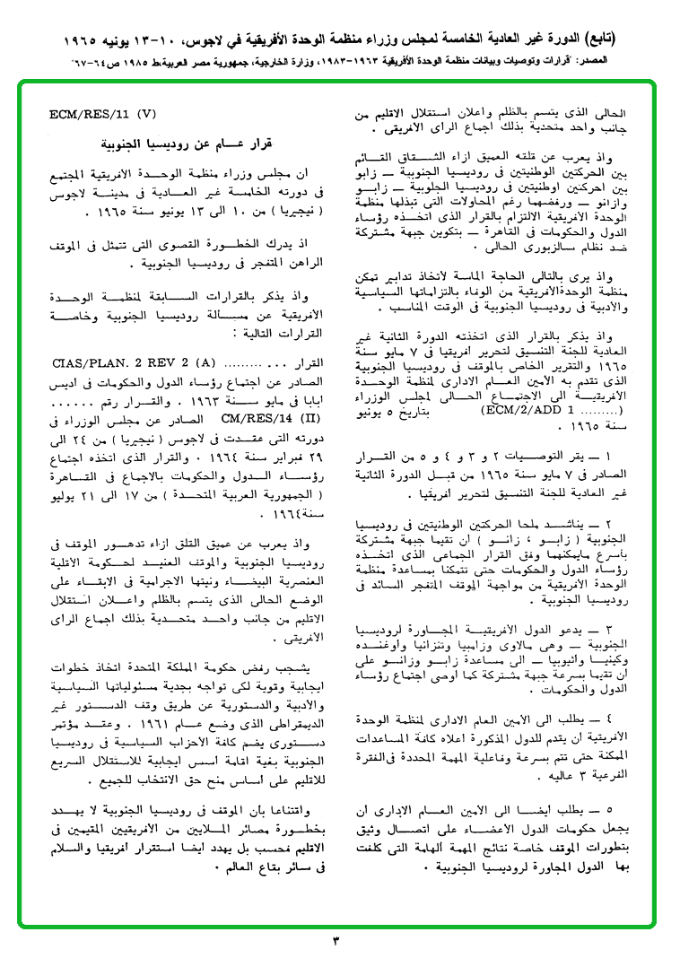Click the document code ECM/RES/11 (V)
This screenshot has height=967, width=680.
point(104,115)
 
